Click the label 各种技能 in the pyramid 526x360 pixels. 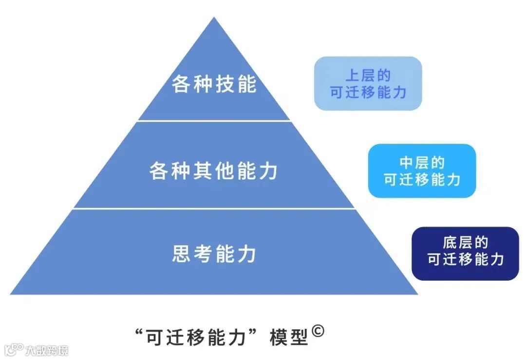[x=214, y=84]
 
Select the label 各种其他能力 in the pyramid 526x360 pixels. [x=214, y=171]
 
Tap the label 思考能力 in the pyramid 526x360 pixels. [x=214, y=254]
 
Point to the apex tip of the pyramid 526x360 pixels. [x=214, y=19]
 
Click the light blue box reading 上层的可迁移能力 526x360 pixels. [x=368, y=83]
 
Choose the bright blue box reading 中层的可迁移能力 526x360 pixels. [x=422, y=171]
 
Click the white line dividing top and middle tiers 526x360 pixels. [x=214, y=120]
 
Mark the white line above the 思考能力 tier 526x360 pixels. [x=214, y=208]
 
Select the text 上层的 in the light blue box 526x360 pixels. [x=368, y=76]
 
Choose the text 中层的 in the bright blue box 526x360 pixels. [x=422, y=163]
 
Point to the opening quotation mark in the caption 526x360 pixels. [x=143, y=331]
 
